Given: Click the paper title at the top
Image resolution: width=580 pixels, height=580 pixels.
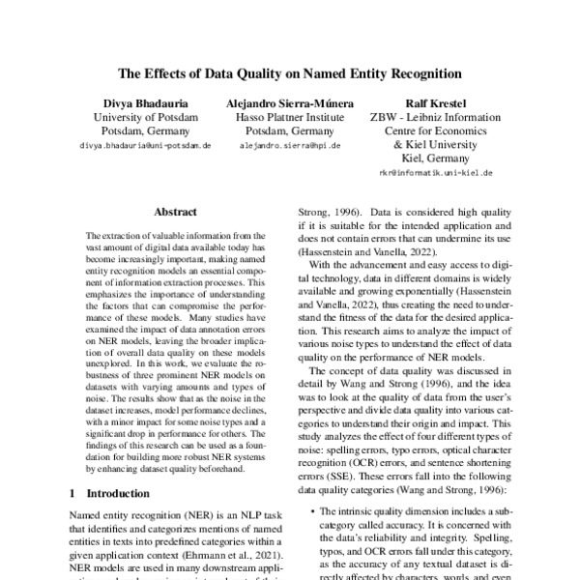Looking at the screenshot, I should click(290, 72).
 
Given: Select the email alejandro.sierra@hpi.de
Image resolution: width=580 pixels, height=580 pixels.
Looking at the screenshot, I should click(290, 145).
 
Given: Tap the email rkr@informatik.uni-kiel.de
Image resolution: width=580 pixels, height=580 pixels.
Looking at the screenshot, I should click(435, 173).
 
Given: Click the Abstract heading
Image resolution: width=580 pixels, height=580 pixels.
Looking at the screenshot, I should click(174, 212).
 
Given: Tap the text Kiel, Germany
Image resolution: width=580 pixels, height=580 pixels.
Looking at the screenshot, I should click(435, 159).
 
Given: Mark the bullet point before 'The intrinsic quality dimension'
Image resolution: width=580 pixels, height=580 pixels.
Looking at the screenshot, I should click(307, 510).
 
